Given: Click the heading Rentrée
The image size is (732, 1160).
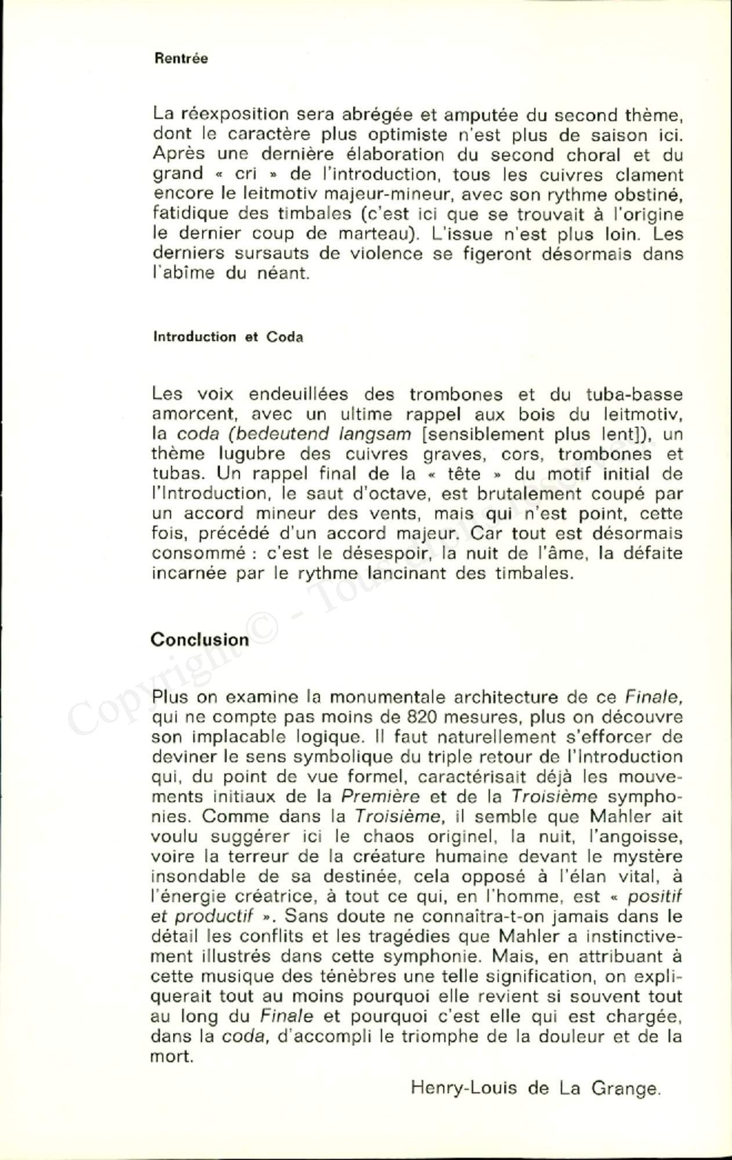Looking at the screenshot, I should coord(181,59).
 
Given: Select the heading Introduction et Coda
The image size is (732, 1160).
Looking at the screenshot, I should coord(228,337).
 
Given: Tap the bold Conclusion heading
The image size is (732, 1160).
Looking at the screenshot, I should coord(200,640).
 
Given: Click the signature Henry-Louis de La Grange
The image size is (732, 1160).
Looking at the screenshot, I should coord(535,1089).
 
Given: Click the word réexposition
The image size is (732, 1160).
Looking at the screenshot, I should coord(234,115).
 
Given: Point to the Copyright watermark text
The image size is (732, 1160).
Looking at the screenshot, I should coord(174,667).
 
